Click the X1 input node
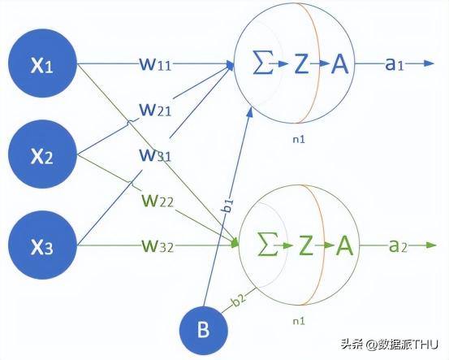(x=42, y=63)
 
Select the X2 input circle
(x=42, y=154)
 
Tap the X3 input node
(x=42, y=245)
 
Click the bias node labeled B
(x=204, y=330)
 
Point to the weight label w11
(x=155, y=63)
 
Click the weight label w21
(x=155, y=110)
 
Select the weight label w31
(x=155, y=154)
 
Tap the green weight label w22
(x=158, y=201)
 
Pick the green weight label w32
(x=158, y=245)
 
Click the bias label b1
(x=227, y=206)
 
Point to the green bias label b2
(x=239, y=300)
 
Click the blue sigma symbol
(x=263, y=63)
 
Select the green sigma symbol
(x=268, y=245)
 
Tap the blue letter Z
(x=301, y=63)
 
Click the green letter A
(x=344, y=245)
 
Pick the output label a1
(x=395, y=64)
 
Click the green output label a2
(x=398, y=245)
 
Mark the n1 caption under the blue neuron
(x=299, y=139)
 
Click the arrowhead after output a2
(x=431, y=245)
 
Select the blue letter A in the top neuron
(x=340, y=63)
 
